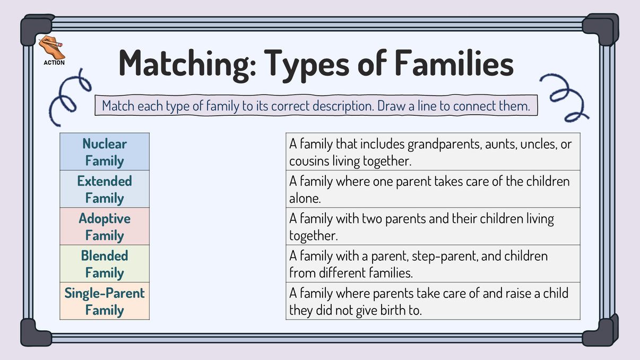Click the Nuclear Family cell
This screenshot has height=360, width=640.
point(105,152)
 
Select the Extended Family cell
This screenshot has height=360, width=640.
point(105,189)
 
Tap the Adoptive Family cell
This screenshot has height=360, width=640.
point(105,226)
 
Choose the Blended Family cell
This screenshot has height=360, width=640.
point(105,264)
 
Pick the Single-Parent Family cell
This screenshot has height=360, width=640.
point(105,301)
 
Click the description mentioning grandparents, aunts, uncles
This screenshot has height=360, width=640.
point(433,152)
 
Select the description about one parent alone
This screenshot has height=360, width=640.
point(433,189)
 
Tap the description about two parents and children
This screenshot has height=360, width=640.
point(433,226)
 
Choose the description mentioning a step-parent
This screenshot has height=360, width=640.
point(433,264)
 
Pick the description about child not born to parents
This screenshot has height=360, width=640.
point(433,301)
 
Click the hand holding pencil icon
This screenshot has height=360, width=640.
point(52,48)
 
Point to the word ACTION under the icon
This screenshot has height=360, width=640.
point(54,63)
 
